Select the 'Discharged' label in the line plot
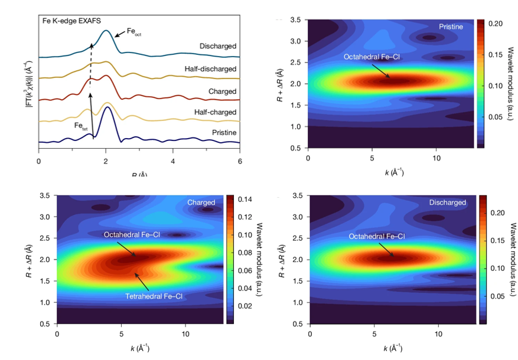[217, 46]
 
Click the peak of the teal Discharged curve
[106, 31]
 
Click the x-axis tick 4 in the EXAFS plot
[172, 160]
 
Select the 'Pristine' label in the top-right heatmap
[451, 27]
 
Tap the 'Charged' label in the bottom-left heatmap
[201, 202]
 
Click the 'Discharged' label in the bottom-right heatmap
[448, 202]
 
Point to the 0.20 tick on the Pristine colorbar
[501, 23]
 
